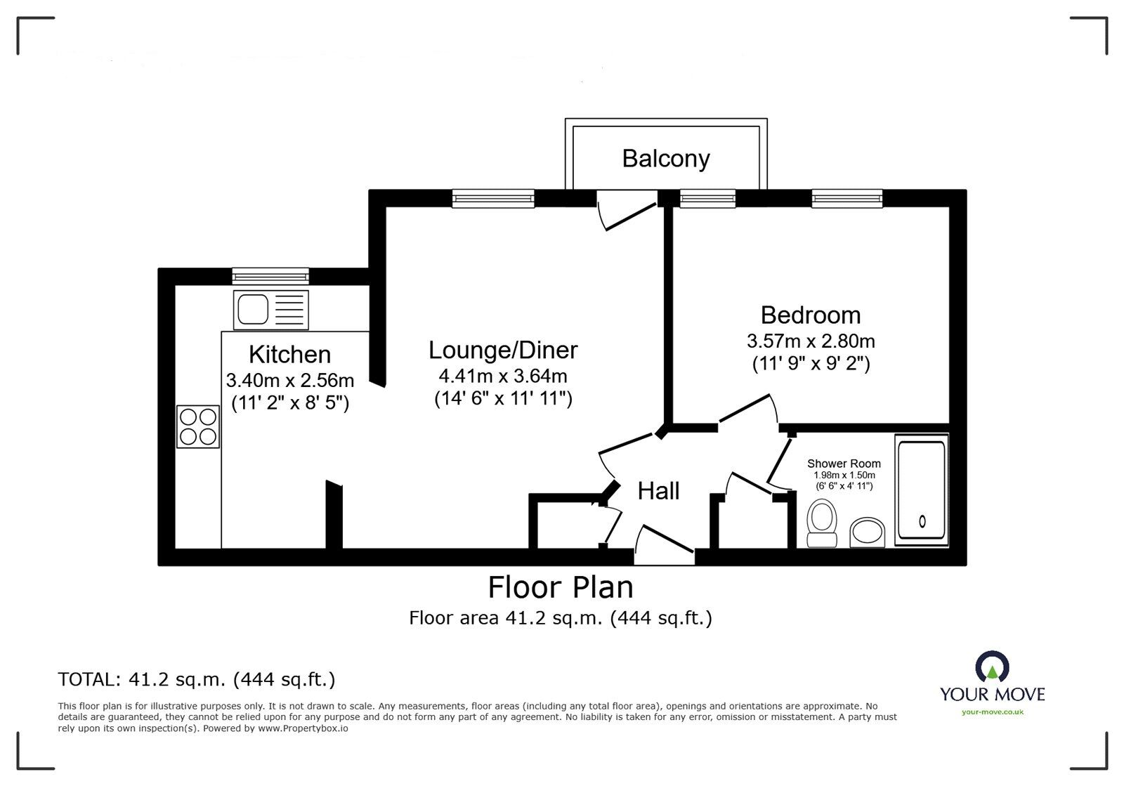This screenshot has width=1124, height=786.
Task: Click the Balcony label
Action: [x=666, y=159]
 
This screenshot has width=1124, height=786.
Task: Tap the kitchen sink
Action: [x=271, y=310]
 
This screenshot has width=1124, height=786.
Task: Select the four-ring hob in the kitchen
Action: [x=198, y=426]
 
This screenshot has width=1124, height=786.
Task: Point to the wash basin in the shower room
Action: [x=867, y=532]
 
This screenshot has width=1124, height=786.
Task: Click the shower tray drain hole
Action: [x=922, y=522]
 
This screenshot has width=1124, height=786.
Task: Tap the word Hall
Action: [x=658, y=491]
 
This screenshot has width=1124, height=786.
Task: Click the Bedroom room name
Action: [x=811, y=315]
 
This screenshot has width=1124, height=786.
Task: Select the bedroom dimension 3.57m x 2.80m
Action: [x=811, y=341]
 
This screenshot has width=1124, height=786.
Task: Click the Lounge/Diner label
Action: [x=503, y=350]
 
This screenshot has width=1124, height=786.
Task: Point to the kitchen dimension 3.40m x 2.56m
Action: [x=290, y=380]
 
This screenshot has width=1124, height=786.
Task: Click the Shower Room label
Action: [x=844, y=464]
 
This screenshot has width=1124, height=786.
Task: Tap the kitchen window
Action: [x=270, y=276]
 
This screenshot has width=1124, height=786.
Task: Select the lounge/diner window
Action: [x=493, y=198]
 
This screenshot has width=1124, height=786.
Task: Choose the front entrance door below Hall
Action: [x=665, y=544]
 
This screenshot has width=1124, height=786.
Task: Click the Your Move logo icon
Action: [x=992, y=667]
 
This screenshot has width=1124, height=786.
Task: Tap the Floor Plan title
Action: [x=561, y=587]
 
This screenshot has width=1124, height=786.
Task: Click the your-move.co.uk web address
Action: [x=993, y=712]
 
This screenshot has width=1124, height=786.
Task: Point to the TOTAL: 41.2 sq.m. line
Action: [x=197, y=680]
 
